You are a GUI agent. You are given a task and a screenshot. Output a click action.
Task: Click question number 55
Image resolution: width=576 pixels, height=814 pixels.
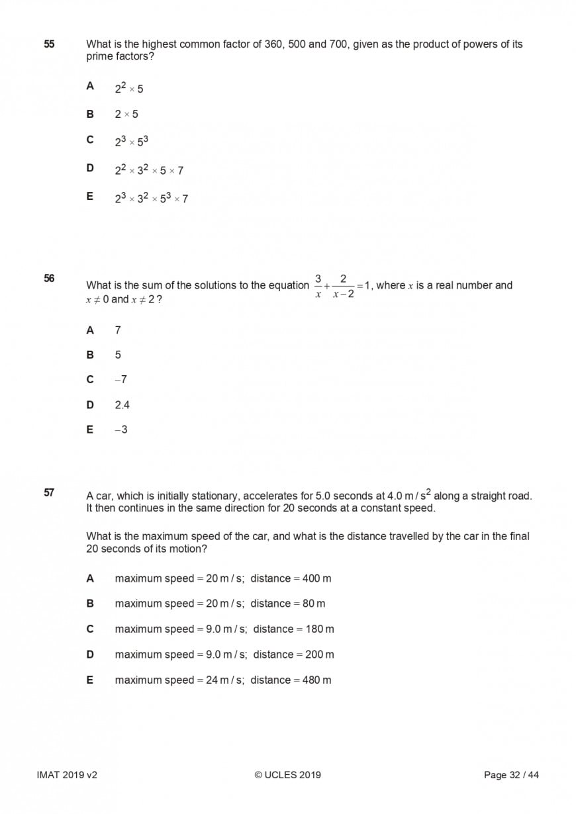click(x=49, y=44)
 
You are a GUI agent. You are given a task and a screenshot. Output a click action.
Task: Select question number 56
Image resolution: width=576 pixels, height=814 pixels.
click(x=49, y=278)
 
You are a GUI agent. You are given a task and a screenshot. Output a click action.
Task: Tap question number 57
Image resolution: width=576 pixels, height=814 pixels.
click(x=49, y=492)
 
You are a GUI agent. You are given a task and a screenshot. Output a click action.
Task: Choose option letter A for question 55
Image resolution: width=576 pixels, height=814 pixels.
click(x=90, y=86)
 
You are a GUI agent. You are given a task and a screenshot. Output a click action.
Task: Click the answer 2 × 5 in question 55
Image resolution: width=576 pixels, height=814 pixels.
click(x=126, y=114)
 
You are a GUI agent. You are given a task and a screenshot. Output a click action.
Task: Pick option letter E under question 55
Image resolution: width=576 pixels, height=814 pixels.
click(x=90, y=197)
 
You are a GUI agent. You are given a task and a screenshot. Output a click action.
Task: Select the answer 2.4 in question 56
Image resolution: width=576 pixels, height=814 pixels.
click(x=122, y=405)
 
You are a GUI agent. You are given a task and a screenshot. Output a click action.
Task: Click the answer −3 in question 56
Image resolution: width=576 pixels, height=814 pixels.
click(x=120, y=430)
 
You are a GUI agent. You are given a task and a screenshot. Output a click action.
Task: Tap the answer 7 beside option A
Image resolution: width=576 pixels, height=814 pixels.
click(x=118, y=330)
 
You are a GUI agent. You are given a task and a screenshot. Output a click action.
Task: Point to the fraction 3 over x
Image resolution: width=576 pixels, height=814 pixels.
click(x=318, y=285)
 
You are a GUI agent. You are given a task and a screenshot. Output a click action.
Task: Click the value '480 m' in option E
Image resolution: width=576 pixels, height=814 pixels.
click(x=316, y=680)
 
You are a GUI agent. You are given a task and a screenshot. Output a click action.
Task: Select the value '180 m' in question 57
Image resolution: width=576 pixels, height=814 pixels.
click(x=320, y=629)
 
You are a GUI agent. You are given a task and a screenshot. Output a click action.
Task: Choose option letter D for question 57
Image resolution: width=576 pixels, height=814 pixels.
click(x=90, y=654)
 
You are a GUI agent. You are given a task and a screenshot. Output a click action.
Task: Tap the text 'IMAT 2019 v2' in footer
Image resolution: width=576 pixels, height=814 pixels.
click(x=67, y=775)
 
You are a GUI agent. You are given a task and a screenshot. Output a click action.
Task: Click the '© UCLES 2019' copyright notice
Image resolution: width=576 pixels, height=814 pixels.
click(x=287, y=775)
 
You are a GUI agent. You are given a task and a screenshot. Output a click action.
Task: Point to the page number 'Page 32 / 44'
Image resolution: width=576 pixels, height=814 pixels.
click(x=511, y=775)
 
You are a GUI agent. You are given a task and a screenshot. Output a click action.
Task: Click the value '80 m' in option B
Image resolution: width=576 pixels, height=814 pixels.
click(x=314, y=604)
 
